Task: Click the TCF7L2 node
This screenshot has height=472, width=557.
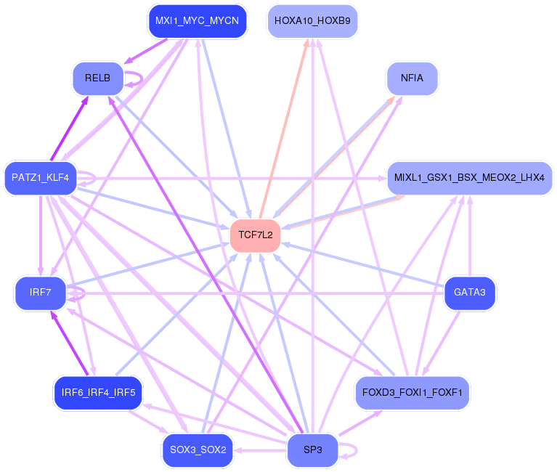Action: pyautogui.click(x=255, y=235)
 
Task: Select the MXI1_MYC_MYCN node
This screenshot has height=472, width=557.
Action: pyautogui.click(x=197, y=21)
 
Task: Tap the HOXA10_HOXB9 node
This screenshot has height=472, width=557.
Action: pyautogui.click(x=312, y=21)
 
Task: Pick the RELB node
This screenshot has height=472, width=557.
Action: pyautogui.click(x=98, y=78)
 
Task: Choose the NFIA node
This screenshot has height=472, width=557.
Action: pyautogui.click(x=412, y=78)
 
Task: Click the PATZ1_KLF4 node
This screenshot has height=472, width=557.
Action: pyautogui.click(x=41, y=178)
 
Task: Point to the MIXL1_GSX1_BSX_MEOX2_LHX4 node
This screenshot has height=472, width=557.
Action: pyautogui.click(x=470, y=178)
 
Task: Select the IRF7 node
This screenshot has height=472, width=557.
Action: pyautogui.click(x=41, y=293)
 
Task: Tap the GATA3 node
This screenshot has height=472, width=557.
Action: pyautogui.click(x=470, y=293)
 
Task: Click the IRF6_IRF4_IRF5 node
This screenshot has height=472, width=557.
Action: pyautogui.click(x=98, y=393)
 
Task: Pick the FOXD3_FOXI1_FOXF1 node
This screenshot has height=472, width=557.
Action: pyautogui.click(x=412, y=393)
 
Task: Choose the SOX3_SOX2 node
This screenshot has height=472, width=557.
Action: pyautogui.click(x=198, y=450)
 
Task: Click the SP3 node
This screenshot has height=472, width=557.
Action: pyautogui.click(x=312, y=450)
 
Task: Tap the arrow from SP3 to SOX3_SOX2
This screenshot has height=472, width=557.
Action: pyautogui.click(x=260, y=450)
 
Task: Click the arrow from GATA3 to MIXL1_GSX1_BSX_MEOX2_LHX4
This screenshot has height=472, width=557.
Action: pyautogui.click(x=470, y=236)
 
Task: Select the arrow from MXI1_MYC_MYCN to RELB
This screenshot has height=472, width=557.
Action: pyautogui.click(x=146, y=51)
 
